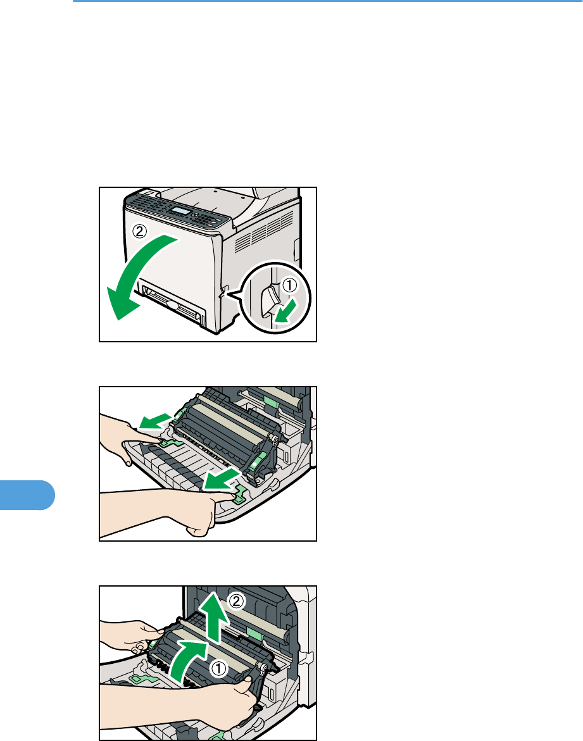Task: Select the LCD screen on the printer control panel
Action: (x=182, y=212)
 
